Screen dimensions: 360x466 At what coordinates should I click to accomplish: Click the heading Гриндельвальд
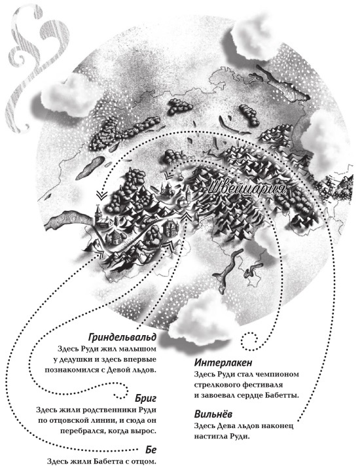pyautogui.click(x=122, y=337)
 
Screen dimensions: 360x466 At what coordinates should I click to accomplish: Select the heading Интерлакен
pyautogui.click(x=223, y=363)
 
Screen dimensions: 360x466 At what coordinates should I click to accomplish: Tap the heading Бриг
pyautogui.click(x=145, y=398)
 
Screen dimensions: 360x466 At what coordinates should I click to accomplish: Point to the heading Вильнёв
pyautogui.click(x=213, y=414)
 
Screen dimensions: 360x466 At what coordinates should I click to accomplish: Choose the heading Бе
pyautogui.click(x=151, y=450)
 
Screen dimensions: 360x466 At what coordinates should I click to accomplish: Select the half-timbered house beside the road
pyautogui.click(x=170, y=227)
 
